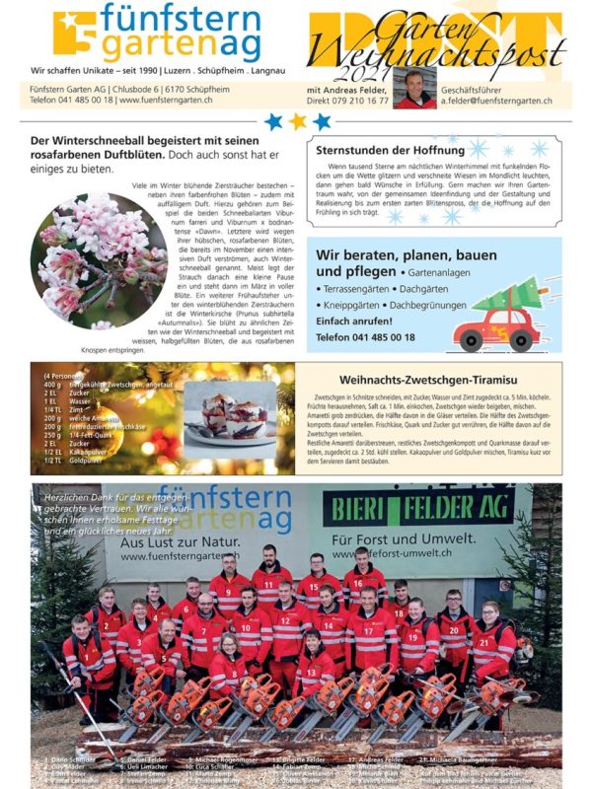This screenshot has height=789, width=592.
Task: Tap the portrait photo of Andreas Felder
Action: pyautogui.click(x=414, y=88)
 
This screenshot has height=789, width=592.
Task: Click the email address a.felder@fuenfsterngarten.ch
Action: pyautogui.click(x=496, y=101)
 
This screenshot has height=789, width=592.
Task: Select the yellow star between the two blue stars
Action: pyautogui.click(x=297, y=121)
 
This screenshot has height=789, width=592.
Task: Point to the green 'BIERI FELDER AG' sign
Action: pyautogui.click(x=418, y=506)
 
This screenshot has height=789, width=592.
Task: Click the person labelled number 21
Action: pyautogui.click(x=490, y=641)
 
